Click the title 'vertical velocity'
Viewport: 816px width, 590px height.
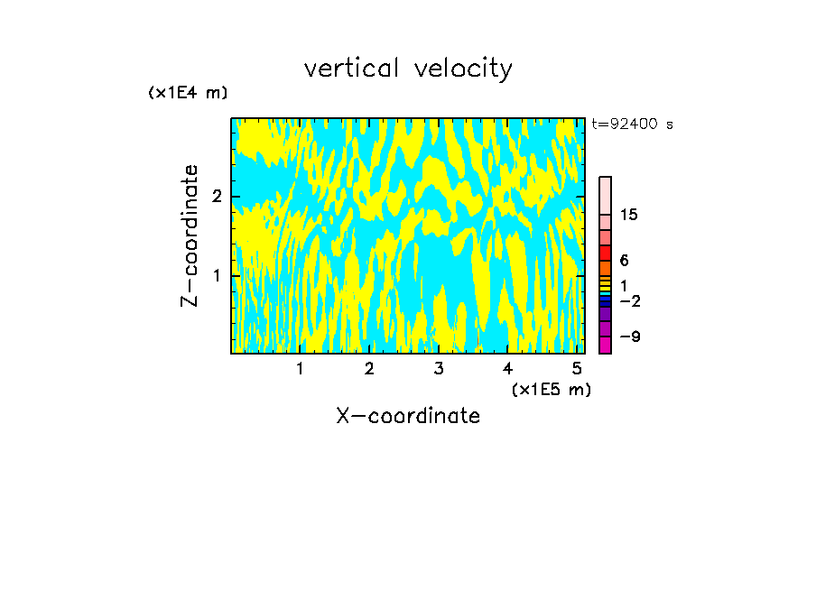408,69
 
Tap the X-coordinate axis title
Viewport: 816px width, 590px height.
408,416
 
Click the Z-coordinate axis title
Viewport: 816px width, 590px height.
190,235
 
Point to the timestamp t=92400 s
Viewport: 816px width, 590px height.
632,124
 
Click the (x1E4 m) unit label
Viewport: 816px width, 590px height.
188,93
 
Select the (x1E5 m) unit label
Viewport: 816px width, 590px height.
551,389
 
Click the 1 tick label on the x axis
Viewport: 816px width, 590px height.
301,369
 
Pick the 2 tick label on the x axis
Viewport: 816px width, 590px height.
369,369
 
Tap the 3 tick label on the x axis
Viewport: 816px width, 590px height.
439,369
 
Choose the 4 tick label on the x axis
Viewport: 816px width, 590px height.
507,369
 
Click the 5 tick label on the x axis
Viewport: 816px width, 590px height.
577,369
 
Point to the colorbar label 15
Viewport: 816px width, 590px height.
629,215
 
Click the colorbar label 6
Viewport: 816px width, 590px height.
624,261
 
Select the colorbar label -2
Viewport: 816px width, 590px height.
629,301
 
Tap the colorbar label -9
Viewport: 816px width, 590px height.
629,336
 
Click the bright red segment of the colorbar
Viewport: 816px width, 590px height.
605,253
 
